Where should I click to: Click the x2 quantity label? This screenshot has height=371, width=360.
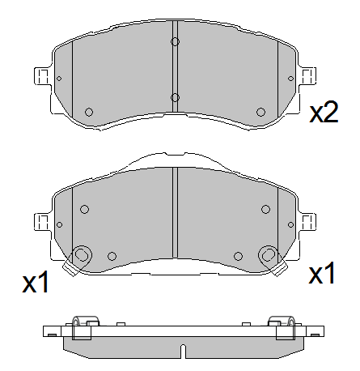coord(324,113)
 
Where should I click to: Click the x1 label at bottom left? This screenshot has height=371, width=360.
coord(36,283)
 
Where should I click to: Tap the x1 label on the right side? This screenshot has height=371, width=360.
coord(322,275)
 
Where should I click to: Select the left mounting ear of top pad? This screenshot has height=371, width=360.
coord(42,76)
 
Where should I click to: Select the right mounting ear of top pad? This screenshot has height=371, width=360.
coord(307,76)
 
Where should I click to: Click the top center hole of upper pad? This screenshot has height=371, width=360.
coord(175,42)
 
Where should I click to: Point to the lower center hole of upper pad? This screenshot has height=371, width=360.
coord(175,98)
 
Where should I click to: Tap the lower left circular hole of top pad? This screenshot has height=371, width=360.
coord(89,112)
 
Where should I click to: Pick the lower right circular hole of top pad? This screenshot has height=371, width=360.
coord(260,112)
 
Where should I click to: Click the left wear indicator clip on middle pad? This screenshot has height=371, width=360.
coord(81,256)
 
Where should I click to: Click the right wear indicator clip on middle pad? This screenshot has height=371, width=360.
coord(268,256)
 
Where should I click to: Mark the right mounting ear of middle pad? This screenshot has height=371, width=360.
coord(307,220)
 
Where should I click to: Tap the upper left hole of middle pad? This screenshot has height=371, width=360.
coord(84,209)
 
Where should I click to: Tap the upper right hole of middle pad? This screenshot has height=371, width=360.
coord(265,209)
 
